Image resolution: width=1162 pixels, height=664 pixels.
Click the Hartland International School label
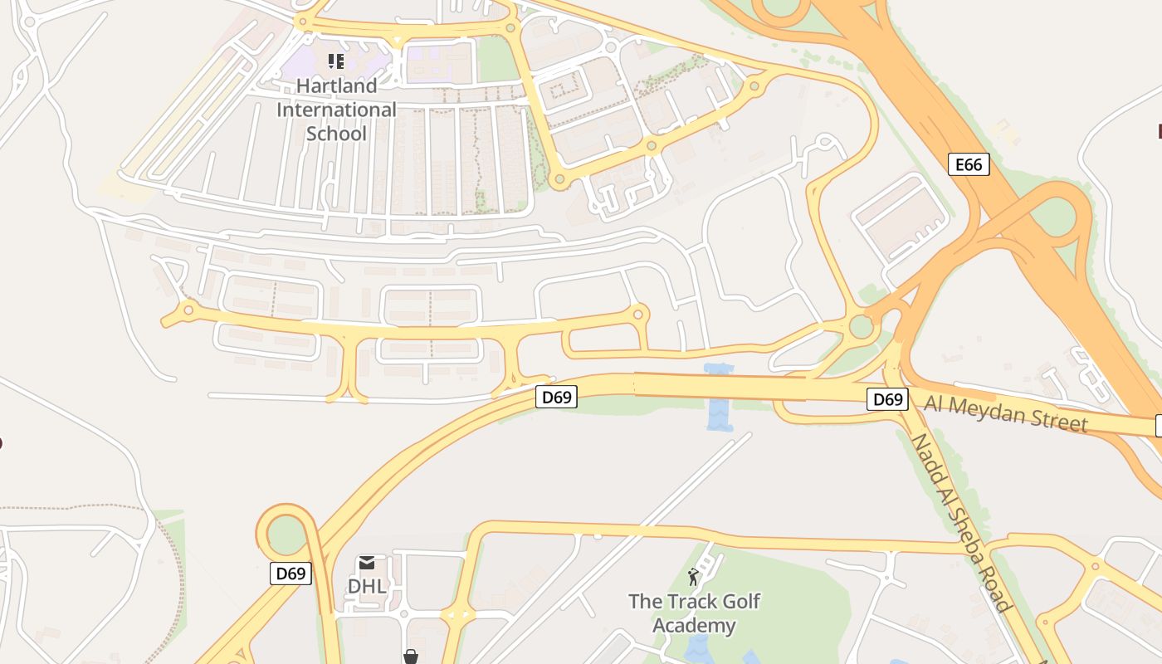point(336,110)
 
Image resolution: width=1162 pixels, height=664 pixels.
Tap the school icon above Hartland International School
point(335,61)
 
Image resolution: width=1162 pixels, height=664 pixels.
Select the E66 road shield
point(969,164)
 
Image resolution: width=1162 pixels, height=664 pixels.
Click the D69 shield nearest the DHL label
point(290,573)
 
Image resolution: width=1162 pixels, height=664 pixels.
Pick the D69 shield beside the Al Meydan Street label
point(887,399)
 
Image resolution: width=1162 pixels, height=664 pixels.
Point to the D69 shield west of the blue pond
point(556,397)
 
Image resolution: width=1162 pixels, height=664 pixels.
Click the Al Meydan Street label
point(1005,413)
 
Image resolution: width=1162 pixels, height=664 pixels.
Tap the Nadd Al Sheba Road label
point(963,523)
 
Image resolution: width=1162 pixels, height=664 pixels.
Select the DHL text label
point(366,586)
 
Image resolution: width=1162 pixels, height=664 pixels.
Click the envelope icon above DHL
point(366,563)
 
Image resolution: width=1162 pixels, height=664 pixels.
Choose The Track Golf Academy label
point(694,613)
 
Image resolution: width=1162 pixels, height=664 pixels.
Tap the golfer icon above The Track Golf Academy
point(693,576)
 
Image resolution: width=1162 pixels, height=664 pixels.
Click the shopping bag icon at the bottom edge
point(410,657)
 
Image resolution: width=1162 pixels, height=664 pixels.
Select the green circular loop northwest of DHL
point(287,535)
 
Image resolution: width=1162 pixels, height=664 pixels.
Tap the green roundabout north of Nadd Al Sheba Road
point(862,326)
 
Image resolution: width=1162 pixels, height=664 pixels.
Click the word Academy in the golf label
point(694,625)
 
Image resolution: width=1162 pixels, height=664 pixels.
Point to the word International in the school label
point(336,110)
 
